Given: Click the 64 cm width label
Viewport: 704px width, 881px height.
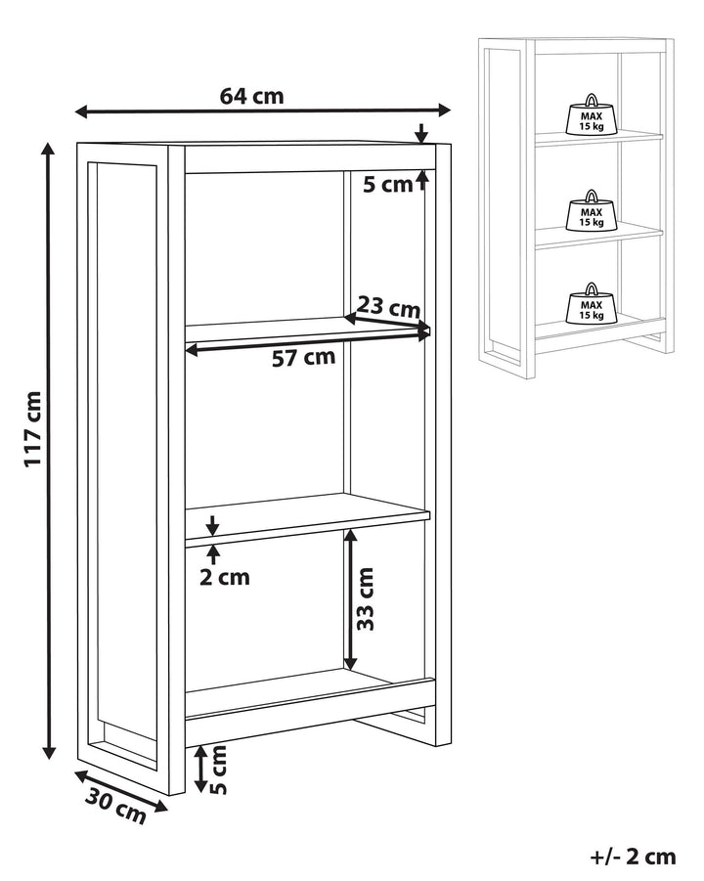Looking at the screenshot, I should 251,96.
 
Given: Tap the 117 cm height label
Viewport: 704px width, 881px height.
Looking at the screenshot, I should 32,427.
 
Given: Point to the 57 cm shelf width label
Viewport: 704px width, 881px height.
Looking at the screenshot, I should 303,358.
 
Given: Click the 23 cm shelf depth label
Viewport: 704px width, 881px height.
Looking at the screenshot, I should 388,307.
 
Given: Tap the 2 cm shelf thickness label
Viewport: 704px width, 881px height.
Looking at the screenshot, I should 225,577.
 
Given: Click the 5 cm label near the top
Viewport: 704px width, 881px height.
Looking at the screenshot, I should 388,184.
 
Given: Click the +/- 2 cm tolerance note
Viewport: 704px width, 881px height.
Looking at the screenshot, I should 634,857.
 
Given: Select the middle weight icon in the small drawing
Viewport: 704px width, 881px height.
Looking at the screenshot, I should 591,209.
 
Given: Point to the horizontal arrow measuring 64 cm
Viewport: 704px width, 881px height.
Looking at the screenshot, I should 264,110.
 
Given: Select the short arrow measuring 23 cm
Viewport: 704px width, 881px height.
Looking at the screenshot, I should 387,325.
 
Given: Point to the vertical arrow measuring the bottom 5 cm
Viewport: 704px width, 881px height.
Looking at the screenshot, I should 200,769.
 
